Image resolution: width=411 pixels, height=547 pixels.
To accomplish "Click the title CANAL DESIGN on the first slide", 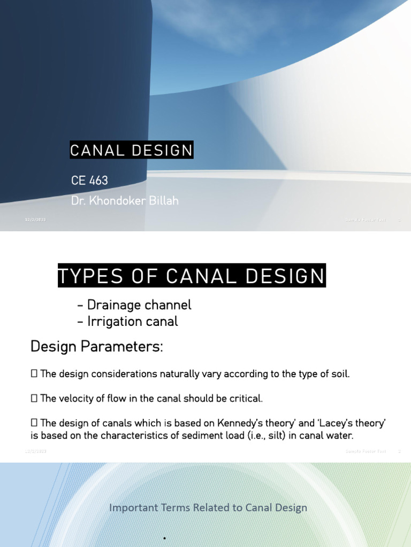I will [x=131, y=151].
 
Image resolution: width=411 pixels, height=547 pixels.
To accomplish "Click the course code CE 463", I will [x=89, y=181].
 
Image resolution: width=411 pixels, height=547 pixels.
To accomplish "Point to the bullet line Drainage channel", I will [x=134, y=305].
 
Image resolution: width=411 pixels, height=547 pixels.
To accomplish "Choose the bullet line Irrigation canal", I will [x=127, y=321].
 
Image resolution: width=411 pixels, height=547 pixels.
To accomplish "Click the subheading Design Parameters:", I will [x=96, y=347].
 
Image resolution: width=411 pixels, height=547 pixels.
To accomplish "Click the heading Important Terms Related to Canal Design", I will [x=208, y=507].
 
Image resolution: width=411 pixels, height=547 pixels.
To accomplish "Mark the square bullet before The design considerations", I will [x=34, y=374].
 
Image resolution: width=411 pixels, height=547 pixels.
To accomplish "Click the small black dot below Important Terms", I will [x=164, y=538].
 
